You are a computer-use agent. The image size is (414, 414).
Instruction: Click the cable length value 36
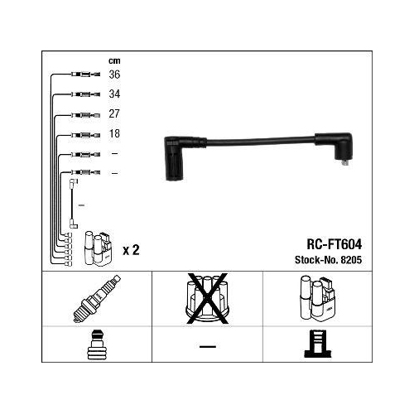pyautogui.click(x=114, y=74)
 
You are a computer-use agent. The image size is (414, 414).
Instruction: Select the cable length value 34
pyautogui.click(x=114, y=94)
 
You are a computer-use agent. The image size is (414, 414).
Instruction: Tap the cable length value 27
pyautogui.click(x=114, y=113)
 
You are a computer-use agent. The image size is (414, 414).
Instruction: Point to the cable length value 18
pyautogui.click(x=114, y=133)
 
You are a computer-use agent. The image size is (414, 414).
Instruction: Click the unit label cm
pyautogui.click(x=114, y=60)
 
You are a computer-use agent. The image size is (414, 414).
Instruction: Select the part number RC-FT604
pyautogui.click(x=335, y=244)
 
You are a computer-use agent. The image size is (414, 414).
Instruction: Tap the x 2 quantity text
pyautogui.click(x=131, y=249)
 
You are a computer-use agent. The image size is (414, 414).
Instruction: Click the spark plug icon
pyautogui.click(x=96, y=299)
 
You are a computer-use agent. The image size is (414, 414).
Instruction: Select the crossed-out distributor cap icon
pyautogui.click(x=207, y=298)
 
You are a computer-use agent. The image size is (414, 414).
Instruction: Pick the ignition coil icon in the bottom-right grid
pyautogui.click(x=317, y=299)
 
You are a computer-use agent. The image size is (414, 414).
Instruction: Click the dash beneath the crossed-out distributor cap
pyautogui.click(x=207, y=346)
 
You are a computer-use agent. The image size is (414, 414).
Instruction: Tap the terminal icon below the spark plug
pyautogui.click(x=96, y=345)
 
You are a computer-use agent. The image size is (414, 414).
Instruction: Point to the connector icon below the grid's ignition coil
pyautogui.click(x=317, y=345)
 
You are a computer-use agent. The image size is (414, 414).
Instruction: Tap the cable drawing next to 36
pyautogui.click(x=80, y=74)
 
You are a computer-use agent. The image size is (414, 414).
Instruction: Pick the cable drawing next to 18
pyautogui.click(x=82, y=133)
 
